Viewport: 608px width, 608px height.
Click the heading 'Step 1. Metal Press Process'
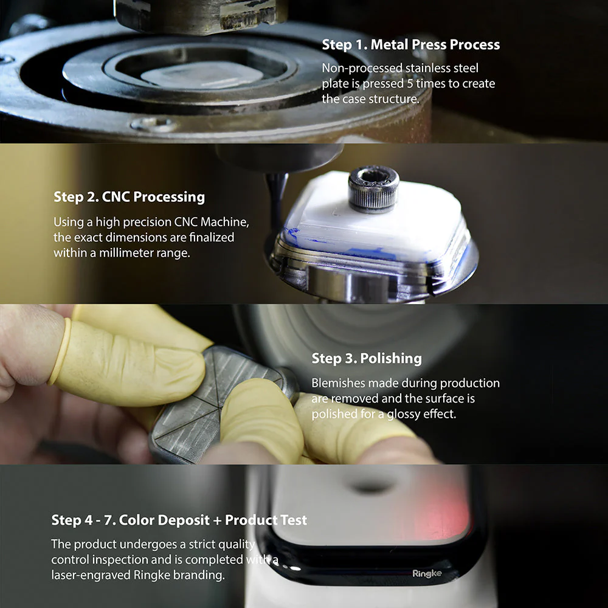(410, 44)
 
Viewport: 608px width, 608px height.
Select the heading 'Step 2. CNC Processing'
(129, 197)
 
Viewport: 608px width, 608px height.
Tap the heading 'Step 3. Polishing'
(367, 358)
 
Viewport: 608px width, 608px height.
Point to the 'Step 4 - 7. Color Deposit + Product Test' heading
(179, 520)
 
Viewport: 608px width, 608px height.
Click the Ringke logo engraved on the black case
(427, 573)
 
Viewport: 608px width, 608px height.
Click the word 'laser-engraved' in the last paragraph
(89, 574)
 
